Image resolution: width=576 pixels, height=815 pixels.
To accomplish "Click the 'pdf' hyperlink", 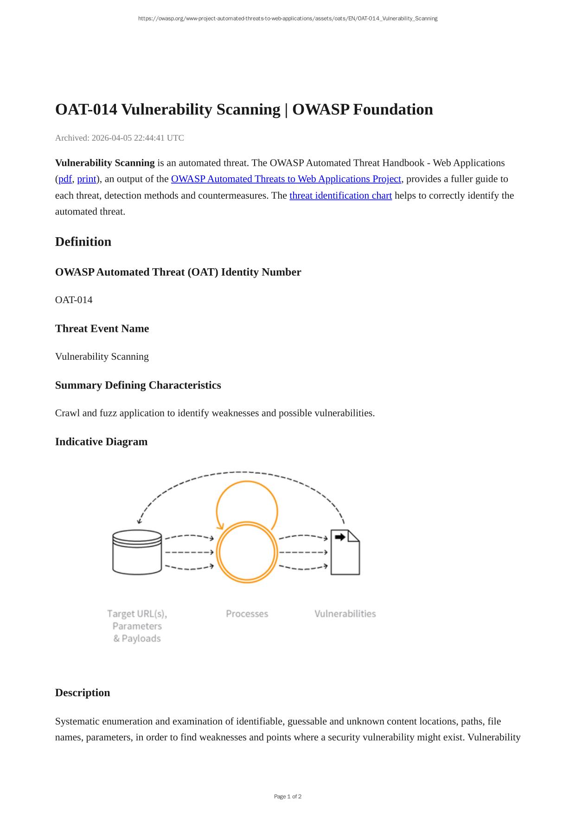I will pos(65,179).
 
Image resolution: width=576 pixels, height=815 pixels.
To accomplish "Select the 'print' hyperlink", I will pos(86,179).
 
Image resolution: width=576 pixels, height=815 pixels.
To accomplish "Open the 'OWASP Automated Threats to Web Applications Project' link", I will pos(286,179).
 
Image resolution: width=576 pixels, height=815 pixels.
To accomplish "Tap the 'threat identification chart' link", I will pos(340,195).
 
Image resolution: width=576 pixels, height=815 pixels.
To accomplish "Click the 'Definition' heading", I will pos(83,242).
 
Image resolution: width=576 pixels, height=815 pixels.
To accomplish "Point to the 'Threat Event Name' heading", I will pos(102,329).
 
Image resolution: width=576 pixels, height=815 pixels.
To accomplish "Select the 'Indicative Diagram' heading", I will pos(101,442).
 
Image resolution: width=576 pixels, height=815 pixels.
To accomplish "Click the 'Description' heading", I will pos(83,693).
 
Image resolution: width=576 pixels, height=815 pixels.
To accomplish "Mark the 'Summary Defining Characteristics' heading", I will pos(138,385).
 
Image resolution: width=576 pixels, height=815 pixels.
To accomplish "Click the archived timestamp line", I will pos(119,138).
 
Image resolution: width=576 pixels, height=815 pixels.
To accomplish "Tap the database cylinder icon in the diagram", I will pos(137,552).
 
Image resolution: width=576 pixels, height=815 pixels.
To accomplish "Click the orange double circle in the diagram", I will pos(247,552).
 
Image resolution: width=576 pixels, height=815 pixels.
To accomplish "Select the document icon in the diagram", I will pos(345,553).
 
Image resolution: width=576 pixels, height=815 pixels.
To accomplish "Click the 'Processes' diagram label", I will pos(247,614).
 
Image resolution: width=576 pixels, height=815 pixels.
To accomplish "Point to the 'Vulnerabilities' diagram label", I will pos(345,614).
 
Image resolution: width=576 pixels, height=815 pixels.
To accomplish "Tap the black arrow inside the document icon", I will pos(340,537).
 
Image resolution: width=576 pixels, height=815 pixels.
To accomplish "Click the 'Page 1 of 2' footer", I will pos(288,796).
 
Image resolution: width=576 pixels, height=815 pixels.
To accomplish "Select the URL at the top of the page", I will pos(288,19).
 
